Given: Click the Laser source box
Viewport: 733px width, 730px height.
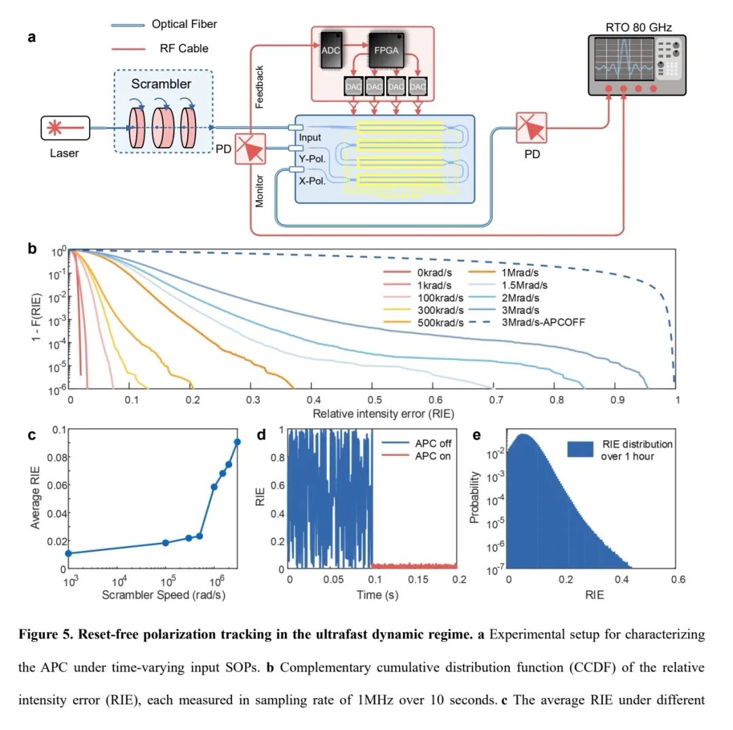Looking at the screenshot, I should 64,127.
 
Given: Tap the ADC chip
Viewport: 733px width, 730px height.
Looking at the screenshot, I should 332,49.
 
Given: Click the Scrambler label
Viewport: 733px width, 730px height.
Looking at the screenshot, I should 162,85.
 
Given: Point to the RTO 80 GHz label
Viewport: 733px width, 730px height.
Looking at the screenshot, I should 638,28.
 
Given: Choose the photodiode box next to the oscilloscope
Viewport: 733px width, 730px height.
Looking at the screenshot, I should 532,128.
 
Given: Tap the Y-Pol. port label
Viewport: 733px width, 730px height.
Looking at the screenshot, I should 313,159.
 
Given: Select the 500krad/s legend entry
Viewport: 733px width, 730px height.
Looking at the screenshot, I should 442,323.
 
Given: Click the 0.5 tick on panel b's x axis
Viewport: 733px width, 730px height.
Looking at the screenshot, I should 373,401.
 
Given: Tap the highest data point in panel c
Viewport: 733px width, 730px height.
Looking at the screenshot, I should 238,442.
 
